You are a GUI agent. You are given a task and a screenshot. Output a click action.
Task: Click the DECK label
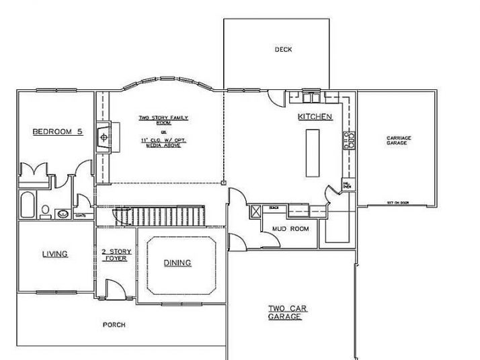(x=283, y=50)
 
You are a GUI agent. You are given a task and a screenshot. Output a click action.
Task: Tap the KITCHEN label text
(x=315, y=117)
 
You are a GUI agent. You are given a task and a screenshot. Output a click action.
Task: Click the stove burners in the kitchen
(x=349, y=140)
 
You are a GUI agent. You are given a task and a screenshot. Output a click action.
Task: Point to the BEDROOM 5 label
(x=57, y=132)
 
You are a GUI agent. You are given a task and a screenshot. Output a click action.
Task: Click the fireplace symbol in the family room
(x=104, y=136)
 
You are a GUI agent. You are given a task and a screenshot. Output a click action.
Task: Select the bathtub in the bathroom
(x=28, y=206)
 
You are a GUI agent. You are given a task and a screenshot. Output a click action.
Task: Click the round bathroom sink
(x=63, y=214)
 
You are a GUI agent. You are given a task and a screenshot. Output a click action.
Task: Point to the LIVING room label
(x=55, y=254)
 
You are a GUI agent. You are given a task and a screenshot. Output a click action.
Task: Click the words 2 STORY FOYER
(x=116, y=255)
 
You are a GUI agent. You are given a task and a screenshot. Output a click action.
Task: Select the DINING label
(x=177, y=263)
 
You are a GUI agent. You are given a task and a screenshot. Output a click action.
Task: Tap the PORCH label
(x=114, y=325)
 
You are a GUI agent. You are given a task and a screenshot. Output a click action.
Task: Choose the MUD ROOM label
(x=290, y=229)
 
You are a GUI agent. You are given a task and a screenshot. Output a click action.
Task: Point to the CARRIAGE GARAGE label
(x=399, y=140)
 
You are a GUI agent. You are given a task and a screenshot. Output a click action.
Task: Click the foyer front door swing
(x=114, y=289)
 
